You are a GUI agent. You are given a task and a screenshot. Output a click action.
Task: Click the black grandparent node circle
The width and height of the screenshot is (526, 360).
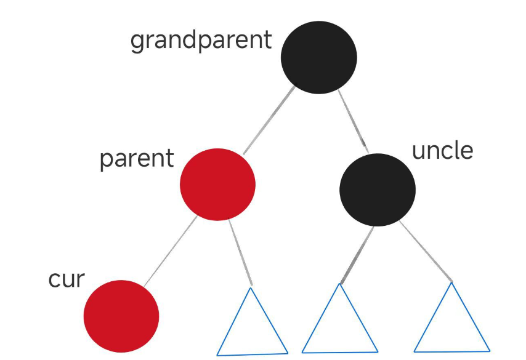(318, 57)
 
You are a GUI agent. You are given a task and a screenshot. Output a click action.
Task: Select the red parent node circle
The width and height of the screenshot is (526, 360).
(217, 184)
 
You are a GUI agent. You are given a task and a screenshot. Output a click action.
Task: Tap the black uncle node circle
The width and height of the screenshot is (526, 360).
(377, 190)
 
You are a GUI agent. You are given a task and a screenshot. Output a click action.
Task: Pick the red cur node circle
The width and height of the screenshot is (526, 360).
(121, 316)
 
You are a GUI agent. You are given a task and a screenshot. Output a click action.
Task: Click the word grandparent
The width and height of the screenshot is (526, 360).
(201, 41)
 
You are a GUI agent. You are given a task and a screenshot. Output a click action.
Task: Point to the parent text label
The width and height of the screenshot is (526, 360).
(137, 159)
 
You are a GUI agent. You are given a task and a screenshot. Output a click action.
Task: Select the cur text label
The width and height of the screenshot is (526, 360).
(66, 279)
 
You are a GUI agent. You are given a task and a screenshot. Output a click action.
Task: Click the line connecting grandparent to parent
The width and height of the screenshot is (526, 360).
(269, 121)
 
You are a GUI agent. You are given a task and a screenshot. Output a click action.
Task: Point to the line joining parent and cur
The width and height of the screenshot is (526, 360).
(171, 250)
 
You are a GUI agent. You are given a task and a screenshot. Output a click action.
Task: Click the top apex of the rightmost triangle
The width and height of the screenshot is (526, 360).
(452, 282)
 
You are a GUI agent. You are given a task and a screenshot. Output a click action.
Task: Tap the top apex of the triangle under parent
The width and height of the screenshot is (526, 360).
(251, 287)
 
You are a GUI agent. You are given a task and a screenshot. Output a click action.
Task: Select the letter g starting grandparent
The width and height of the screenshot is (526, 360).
(137, 42)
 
